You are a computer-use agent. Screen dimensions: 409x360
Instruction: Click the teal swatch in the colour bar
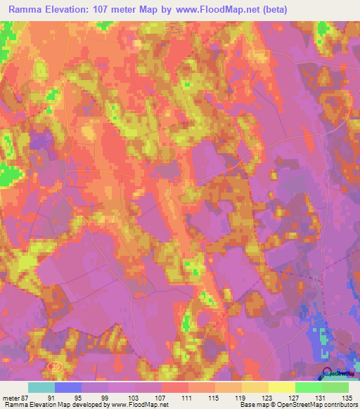click(x=41, y=387)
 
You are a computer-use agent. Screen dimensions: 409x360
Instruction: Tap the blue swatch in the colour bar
click(x=68, y=387)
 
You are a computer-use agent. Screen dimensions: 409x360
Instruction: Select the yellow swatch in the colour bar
click(x=282, y=387)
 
